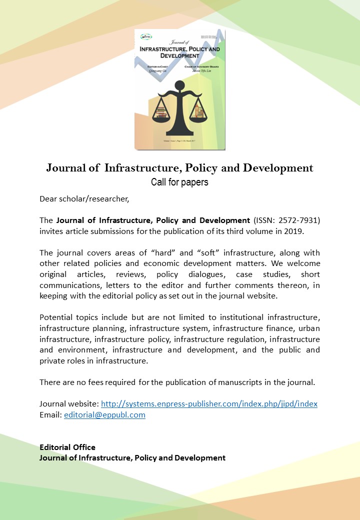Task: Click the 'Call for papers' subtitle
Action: [179, 182]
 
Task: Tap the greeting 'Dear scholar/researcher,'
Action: [84, 199]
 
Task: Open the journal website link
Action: [209, 403]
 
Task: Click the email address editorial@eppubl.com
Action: [104, 414]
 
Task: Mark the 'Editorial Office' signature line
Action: [67, 447]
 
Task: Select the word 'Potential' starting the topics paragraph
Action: [56, 317]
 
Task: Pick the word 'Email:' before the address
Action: [50, 414]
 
